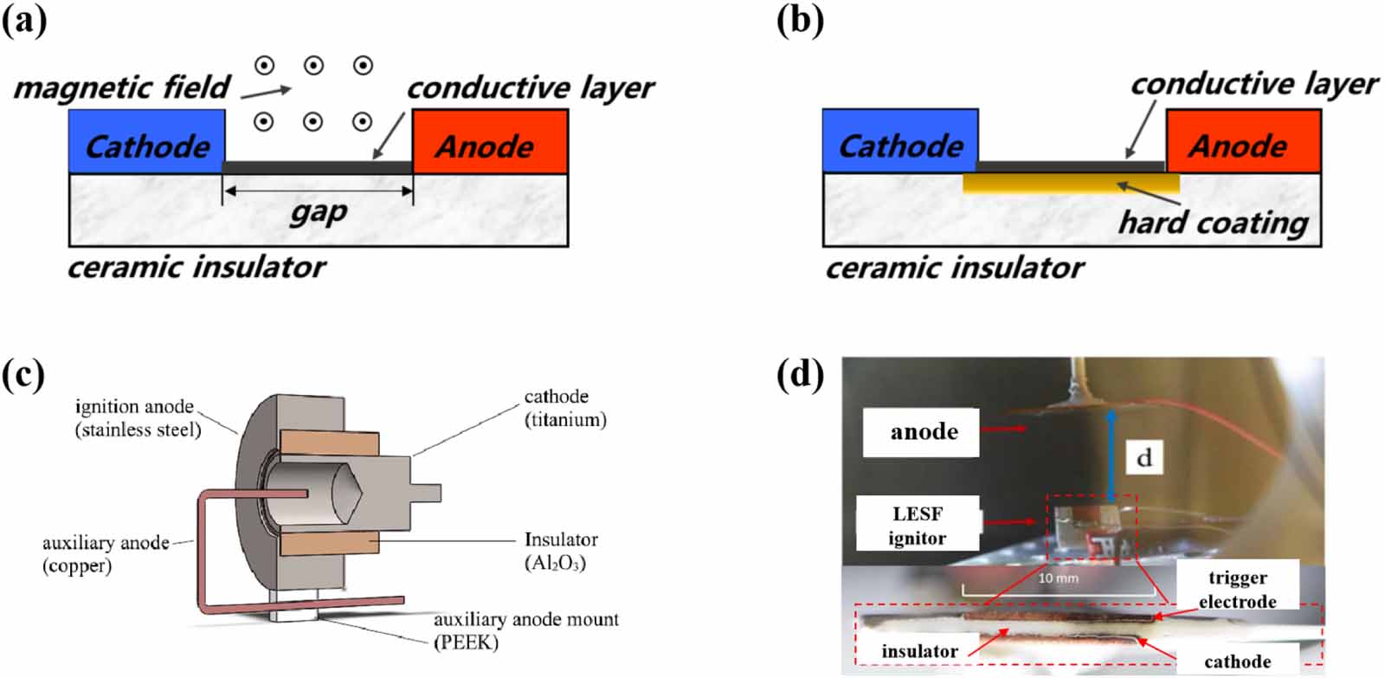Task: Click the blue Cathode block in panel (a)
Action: (146, 141)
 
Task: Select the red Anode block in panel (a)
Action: (490, 141)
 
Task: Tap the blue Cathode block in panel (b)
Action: (900, 140)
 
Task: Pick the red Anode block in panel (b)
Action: (1243, 140)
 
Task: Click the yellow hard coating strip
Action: (1071, 184)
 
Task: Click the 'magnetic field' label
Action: (122, 87)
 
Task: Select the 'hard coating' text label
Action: (1213, 223)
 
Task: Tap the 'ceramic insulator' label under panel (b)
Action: (954, 268)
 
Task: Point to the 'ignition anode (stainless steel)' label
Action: (138, 418)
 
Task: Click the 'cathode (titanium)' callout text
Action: (565, 408)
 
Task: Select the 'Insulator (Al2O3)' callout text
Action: (561, 552)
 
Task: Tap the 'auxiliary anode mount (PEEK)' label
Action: (525, 631)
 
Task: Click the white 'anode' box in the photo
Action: (921, 432)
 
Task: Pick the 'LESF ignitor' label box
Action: (918, 523)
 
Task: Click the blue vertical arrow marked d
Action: (1111, 456)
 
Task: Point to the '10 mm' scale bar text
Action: (1058, 578)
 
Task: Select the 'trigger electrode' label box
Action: (1237, 590)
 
